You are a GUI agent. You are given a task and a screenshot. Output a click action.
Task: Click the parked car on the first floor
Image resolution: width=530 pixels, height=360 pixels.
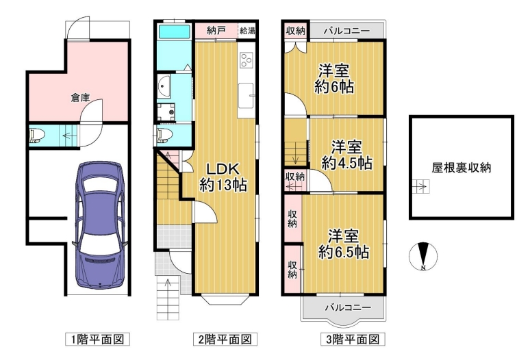click(x=100, y=225)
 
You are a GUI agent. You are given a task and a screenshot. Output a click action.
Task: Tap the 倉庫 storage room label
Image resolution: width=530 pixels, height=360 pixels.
click(x=80, y=98)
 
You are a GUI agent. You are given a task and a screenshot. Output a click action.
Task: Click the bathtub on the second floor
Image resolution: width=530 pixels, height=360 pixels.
click(x=175, y=32)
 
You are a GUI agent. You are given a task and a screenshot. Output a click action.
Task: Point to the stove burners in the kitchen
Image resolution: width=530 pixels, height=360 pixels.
click(x=246, y=60)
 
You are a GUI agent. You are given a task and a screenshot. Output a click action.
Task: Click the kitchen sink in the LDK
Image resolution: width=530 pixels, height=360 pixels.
click(x=246, y=96)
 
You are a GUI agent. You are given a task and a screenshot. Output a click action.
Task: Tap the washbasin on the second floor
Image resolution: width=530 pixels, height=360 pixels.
click(x=164, y=86)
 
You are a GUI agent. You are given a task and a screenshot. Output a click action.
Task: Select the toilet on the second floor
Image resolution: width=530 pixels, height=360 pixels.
click(x=164, y=135)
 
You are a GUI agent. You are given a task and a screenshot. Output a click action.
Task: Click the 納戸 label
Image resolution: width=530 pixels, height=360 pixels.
click(x=216, y=31)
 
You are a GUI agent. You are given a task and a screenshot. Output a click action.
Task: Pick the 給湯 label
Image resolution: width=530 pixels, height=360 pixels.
click(x=247, y=31)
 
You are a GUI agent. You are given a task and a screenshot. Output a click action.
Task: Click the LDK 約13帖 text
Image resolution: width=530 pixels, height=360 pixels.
click(x=223, y=177)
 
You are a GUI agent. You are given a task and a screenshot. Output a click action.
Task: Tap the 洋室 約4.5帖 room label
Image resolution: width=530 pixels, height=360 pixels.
click(x=346, y=155)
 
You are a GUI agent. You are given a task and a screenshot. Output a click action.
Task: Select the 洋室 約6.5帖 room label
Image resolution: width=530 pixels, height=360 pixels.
click(x=344, y=244)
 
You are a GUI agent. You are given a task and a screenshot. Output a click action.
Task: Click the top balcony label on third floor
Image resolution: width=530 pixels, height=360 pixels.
click(x=346, y=31)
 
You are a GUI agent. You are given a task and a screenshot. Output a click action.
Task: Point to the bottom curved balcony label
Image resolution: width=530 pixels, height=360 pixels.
click(x=348, y=307)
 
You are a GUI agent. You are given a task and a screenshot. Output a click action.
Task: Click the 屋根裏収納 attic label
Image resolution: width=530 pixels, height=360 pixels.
click(x=461, y=168)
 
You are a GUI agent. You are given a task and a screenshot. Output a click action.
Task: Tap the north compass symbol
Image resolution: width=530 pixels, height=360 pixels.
click(x=423, y=257)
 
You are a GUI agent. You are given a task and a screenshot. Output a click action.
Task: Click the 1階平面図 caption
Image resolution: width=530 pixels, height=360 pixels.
click(x=97, y=339)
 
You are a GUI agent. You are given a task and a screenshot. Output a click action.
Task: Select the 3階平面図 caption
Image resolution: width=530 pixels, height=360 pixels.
click(x=353, y=339)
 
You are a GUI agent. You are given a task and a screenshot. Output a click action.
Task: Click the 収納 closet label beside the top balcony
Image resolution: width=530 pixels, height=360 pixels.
click(x=295, y=31)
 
